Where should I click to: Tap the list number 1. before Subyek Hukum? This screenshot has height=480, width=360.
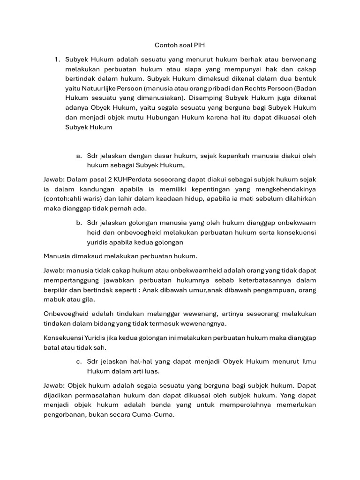point(57,60)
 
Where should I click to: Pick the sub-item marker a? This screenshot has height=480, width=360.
point(78,155)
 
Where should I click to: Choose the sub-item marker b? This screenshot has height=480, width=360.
point(78,223)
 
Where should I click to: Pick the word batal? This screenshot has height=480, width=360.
point(52,347)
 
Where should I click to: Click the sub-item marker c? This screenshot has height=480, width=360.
point(78,361)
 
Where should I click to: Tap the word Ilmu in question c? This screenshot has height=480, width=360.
point(308,361)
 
